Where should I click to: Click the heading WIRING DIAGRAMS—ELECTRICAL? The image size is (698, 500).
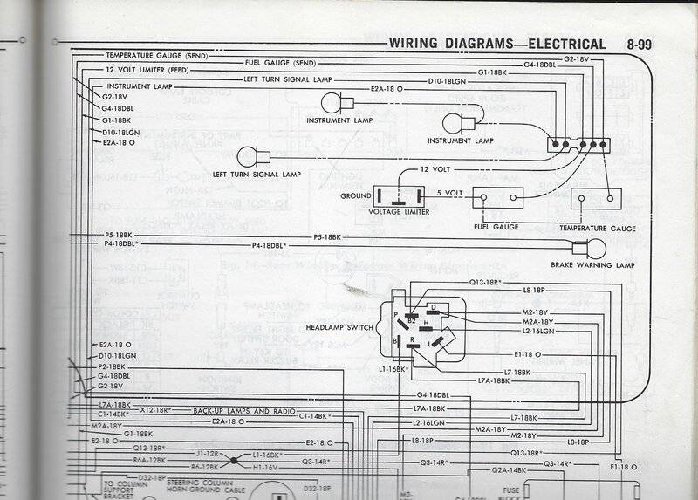click(x=497, y=44)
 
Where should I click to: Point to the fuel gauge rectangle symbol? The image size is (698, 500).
click(x=497, y=200)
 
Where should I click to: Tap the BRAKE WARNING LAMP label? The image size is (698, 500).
click(x=592, y=264)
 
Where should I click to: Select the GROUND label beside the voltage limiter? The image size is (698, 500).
click(x=356, y=196)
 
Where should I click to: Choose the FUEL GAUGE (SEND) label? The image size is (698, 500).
click(x=280, y=64)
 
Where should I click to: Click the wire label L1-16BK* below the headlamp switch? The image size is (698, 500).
click(x=394, y=370)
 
